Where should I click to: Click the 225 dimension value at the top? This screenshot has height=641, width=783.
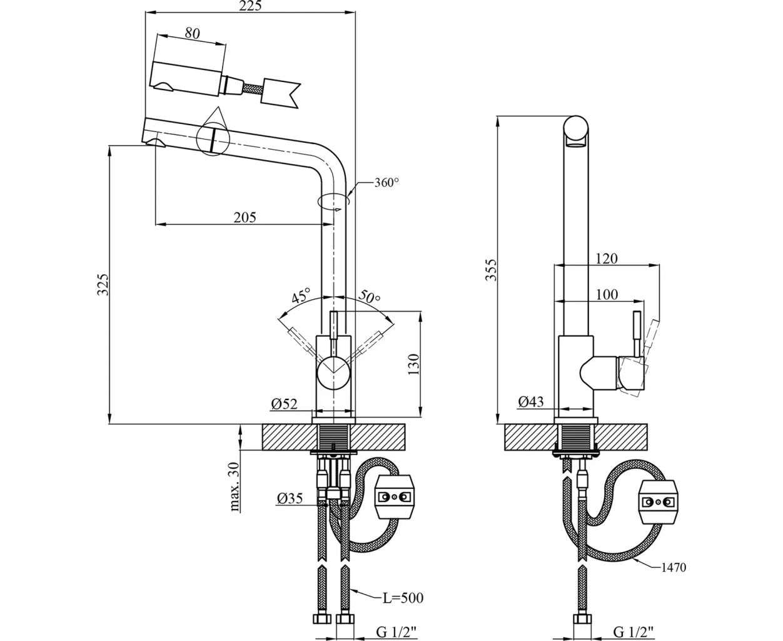250,6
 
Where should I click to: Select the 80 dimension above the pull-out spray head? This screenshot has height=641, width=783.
193,34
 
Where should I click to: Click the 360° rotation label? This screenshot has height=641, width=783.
386,183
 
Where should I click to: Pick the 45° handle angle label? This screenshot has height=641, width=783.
300,296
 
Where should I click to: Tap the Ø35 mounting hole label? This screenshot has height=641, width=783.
288,499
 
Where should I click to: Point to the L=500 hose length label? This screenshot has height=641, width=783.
403,598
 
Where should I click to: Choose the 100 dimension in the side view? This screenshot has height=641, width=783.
606,294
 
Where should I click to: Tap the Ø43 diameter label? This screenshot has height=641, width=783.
531,402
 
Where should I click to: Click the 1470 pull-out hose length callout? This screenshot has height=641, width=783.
674,568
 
